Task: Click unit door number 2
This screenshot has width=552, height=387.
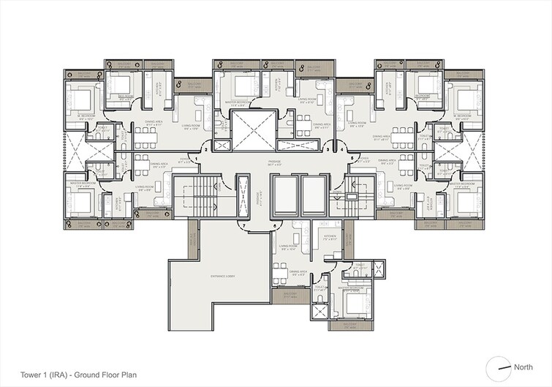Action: (x=207, y=149)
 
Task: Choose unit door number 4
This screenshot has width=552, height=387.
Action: (x=343, y=149)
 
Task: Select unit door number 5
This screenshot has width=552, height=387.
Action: (x=353, y=157)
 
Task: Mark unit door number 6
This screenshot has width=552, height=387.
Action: (x=275, y=225)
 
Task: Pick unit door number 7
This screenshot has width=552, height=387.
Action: (x=243, y=225)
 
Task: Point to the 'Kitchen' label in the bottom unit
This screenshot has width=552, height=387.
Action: (x=330, y=237)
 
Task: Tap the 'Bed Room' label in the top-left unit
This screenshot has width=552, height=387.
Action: (x=126, y=96)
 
